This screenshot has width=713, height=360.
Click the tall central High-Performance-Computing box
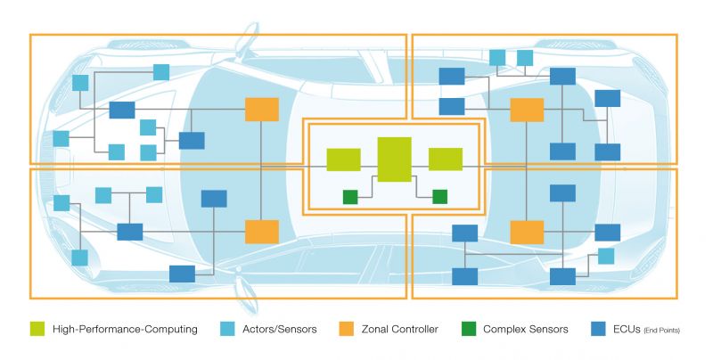(x=394, y=160)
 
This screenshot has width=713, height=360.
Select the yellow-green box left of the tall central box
(x=343, y=160)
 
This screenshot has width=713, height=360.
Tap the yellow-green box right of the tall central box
(x=446, y=160)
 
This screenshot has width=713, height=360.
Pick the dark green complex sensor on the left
(x=350, y=196)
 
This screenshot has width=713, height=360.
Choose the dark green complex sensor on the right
(x=439, y=196)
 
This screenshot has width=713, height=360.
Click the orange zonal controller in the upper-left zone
(x=262, y=110)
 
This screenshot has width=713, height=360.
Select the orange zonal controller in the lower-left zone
(x=262, y=232)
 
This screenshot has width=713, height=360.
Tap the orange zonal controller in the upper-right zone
(x=527, y=110)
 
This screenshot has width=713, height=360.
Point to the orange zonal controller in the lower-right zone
(x=527, y=232)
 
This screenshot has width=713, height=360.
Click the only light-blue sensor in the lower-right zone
(x=606, y=257)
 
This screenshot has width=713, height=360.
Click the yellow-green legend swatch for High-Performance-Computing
(x=37, y=330)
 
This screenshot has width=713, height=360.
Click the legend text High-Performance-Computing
(x=125, y=330)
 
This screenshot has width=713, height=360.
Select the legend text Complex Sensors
(x=526, y=330)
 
